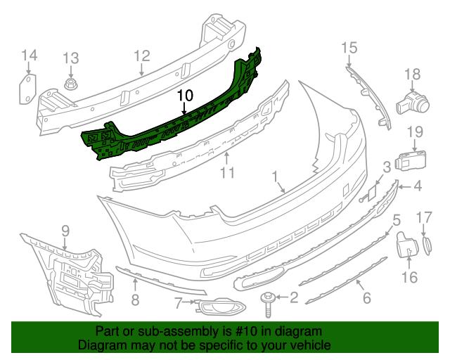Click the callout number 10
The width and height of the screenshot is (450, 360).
[184, 95]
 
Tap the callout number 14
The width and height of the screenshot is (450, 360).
[29, 55]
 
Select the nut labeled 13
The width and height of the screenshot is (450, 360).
[71, 87]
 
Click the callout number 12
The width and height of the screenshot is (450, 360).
[142, 55]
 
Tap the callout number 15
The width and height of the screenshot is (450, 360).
[349, 47]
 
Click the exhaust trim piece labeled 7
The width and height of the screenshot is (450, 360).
[217, 307]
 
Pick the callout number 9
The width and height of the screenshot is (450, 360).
[65, 230]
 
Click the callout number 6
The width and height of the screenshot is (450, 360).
[366, 297]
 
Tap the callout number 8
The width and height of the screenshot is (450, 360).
[135, 300]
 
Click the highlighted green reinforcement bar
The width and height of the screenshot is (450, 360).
[176, 120]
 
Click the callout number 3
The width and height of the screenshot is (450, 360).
[387, 167]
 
